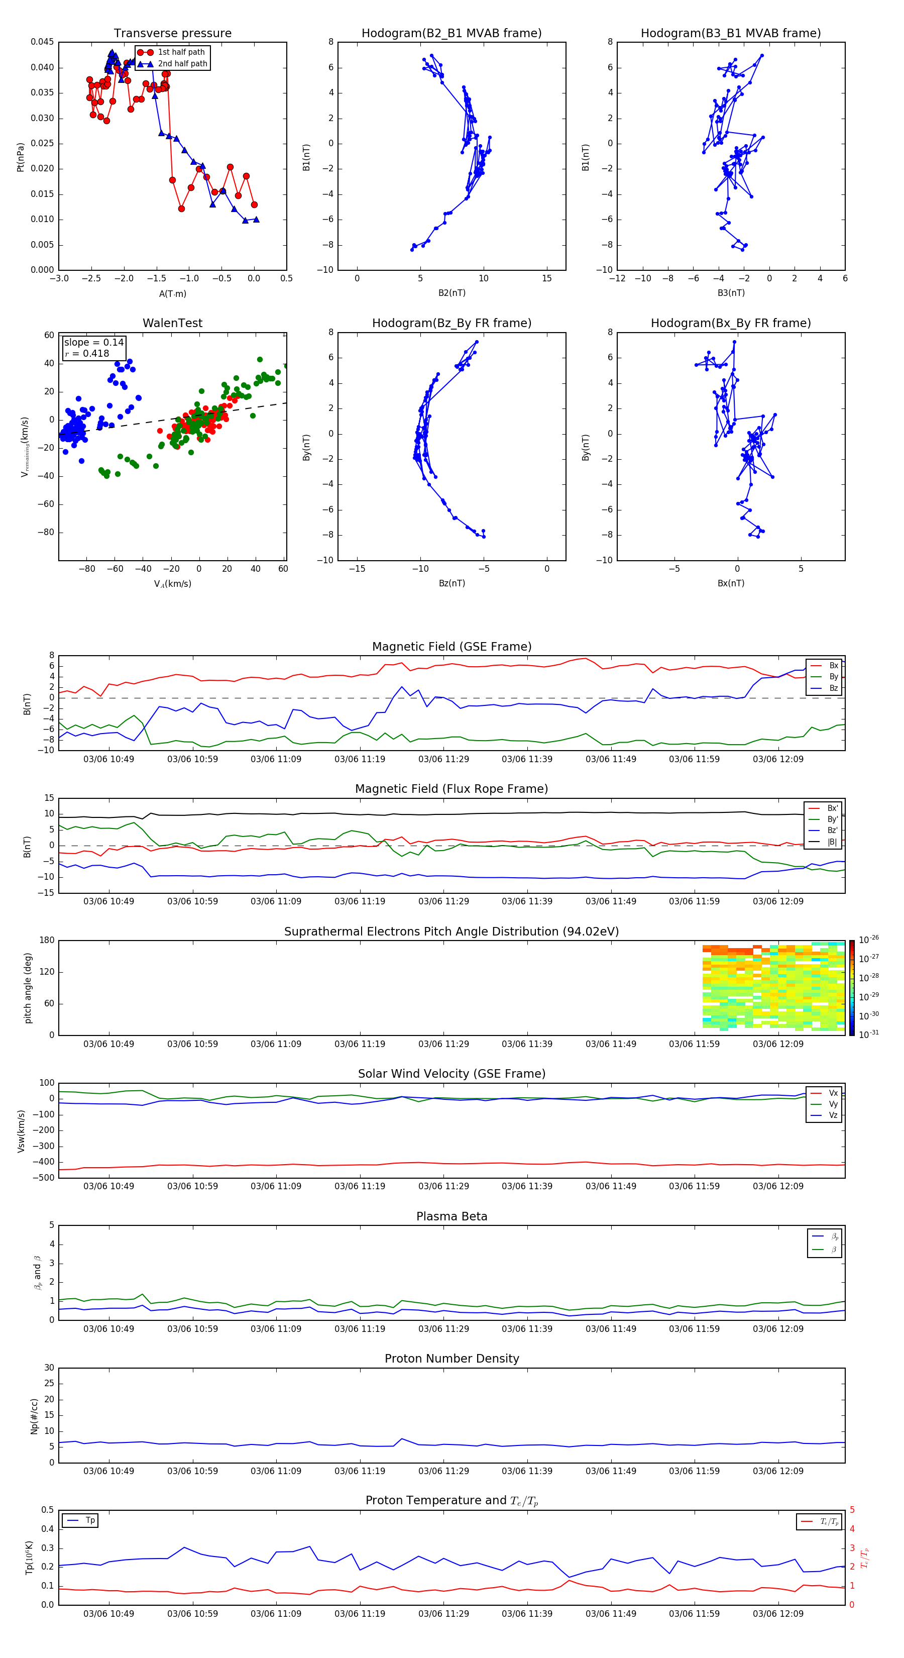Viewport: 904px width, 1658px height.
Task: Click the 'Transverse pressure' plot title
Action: coord(172,34)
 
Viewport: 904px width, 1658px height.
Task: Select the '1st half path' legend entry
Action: coord(181,52)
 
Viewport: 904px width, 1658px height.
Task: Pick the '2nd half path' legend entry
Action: coord(182,64)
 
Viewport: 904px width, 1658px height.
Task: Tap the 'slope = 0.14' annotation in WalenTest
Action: coord(93,343)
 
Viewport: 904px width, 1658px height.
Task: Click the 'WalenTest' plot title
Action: coord(172,323)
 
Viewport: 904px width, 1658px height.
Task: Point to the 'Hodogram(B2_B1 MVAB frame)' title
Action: coord(451,34)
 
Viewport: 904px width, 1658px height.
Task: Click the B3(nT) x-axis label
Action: coord(731,293)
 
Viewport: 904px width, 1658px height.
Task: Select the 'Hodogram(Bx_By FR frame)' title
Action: coord(730,323)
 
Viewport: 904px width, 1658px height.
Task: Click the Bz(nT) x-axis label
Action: coord(451,583)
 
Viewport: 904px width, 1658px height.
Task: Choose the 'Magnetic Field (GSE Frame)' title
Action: coord(451,647)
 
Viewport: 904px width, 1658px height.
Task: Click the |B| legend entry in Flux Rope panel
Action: coord(832,842)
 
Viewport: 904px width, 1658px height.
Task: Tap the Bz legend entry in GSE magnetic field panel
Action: coord(833,688)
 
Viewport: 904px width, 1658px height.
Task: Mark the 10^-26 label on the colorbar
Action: coord(869,940)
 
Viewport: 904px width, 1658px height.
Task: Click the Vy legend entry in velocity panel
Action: coord(833,1104)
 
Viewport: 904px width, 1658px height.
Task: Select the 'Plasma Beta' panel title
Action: coord(451,1216)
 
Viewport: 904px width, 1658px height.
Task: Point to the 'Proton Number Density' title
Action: coord(451,1359)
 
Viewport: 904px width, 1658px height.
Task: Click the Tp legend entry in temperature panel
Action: coord(90,1520)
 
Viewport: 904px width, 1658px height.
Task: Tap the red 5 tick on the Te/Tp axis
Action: coord(852,1510)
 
